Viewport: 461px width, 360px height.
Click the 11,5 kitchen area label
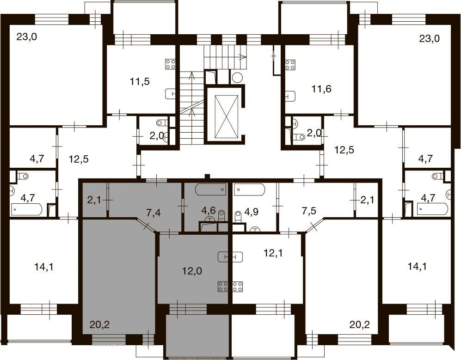click(x=140, y=82)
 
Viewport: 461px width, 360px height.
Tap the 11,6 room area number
click(x=322, y=88)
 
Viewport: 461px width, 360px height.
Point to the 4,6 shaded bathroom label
click(x=209, y=210)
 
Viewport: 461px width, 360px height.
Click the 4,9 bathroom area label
click(x=251, y=212)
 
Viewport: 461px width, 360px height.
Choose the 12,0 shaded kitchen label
click(x=192, y=271)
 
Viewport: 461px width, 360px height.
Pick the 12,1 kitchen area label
click(x=273, y=253)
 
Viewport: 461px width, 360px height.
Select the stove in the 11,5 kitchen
click(x=171, y=64)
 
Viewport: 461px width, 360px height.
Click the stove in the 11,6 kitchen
click(x=290, y=65)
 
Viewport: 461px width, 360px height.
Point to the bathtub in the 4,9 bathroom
click(x=250, y=190)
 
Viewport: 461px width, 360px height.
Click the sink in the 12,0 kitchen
click(x=230, y=257)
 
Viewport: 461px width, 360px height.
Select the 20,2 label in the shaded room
click(x=100, y=325)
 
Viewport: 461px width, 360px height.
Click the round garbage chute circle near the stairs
click(x=237, y=78)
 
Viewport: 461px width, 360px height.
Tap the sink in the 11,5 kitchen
click(x=171, y=94)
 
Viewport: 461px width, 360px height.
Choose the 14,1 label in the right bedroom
click(x=417, y=267)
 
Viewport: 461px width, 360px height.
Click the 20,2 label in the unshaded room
click(x=360, y=325)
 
